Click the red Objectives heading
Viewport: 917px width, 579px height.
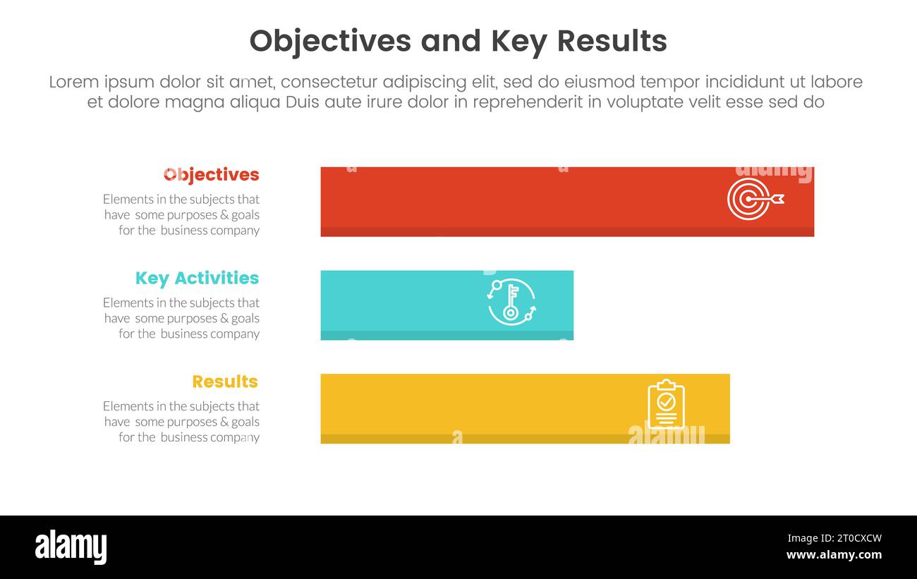pos(211,175)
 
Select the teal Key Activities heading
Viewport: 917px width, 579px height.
pos(197,279)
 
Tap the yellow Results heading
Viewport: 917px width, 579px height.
pos(225,382)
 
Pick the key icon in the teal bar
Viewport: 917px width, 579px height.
pos(511,302)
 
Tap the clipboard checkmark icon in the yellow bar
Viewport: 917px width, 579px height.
pos(666,405)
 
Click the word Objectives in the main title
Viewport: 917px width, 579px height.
pos(329,42)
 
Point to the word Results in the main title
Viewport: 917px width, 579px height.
pos(612,42)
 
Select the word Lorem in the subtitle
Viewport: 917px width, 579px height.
pos(74,83)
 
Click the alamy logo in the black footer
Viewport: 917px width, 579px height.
pos(71,547)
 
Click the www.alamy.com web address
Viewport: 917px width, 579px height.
pos(834,555)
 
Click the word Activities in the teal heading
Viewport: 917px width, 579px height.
pos(217,279)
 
